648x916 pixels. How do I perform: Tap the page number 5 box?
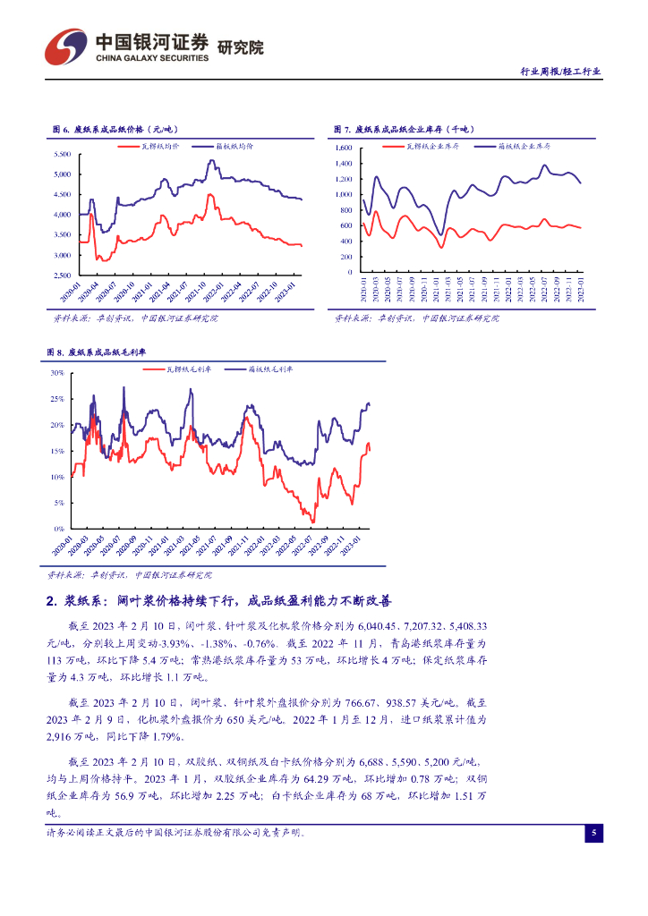click(x=593, y=834)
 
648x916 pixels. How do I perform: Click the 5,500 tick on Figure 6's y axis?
click(x=62, y=153)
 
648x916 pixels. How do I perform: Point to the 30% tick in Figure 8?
click(x=56, y=372)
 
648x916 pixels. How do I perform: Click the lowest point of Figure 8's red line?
click(x=312, y=522)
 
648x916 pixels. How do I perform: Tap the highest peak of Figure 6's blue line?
click(x=210, y=161)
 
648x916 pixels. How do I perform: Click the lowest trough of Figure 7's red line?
click(x=441, y=247)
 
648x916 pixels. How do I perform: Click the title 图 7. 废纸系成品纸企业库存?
click(x=404, y=130)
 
